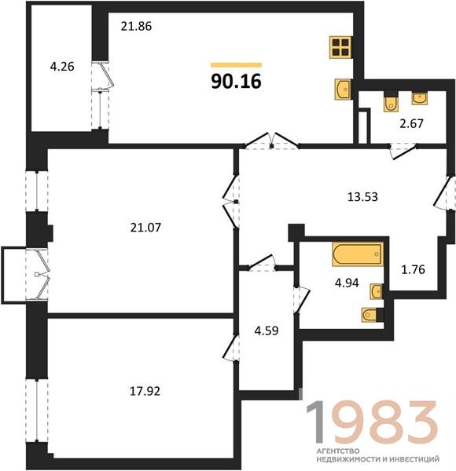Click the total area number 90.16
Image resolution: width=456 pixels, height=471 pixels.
236,82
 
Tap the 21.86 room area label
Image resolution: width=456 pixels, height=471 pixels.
136,27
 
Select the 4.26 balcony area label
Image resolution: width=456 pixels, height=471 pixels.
62,67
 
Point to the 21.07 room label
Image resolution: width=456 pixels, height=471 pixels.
146,228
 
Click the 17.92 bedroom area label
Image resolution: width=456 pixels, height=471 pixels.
145,391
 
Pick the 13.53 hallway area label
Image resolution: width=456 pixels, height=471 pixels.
362,197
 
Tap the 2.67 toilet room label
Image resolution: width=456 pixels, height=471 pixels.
411,123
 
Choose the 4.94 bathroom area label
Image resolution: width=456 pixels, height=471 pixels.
347,283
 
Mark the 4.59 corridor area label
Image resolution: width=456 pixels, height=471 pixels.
267,330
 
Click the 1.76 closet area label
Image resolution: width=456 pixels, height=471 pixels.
414,269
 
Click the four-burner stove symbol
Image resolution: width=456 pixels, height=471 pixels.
340,47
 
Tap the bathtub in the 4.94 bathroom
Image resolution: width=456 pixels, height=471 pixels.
358,254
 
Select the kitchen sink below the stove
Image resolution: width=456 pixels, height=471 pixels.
343,89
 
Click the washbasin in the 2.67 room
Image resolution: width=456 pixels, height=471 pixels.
420,99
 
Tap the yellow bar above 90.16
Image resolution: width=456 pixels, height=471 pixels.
236,65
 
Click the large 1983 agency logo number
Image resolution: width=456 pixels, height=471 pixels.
371,422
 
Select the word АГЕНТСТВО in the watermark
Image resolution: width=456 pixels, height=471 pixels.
338,451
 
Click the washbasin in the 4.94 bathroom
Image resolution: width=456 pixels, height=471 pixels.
377,291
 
